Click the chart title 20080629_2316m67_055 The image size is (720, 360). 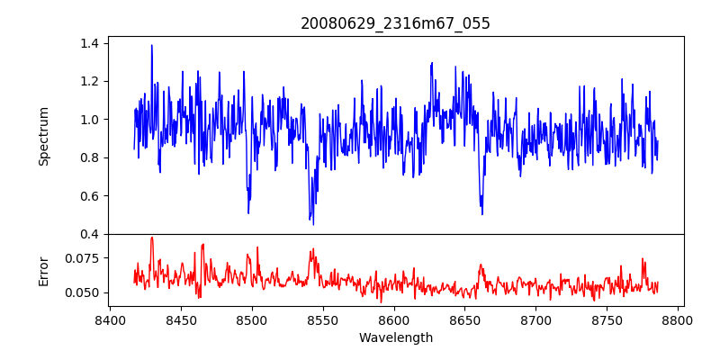(395, 24)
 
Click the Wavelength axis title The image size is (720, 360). (396, 338)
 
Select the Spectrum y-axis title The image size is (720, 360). (43, 136)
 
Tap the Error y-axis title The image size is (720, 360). (43, 272)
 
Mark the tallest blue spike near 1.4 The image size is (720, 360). (151, 45)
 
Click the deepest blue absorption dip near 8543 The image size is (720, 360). (313, 224)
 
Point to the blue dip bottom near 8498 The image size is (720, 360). (248, 213)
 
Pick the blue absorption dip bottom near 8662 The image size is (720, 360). (482, 214)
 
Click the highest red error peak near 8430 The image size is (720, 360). (152, 238)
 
